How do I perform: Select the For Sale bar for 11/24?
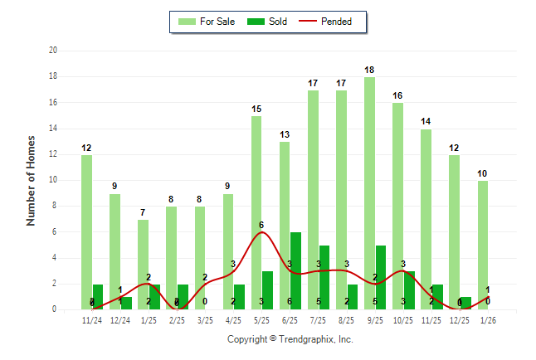click(86, 232)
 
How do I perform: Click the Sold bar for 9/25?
click(380, 277)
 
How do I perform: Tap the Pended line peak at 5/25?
click(261, 232)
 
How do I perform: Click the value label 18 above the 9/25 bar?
click(369, 71)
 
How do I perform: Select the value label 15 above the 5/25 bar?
click(256, 109)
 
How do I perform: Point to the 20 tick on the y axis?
click(52, 51)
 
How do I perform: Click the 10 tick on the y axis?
click(52, 180)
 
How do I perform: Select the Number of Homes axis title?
click(31, 180)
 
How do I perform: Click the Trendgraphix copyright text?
click(290, 339)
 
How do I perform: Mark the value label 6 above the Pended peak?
click(261, 225)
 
